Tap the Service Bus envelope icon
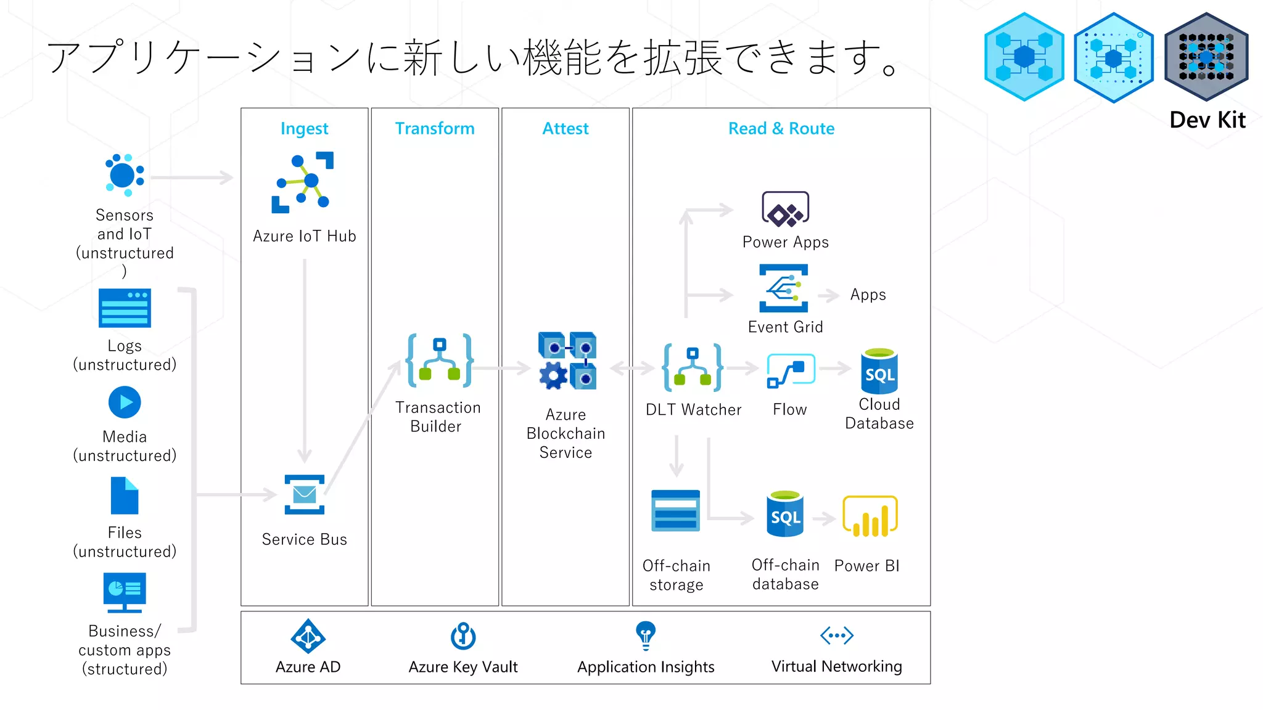305,494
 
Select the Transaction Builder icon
439,361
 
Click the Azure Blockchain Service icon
567,361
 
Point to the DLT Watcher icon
693,367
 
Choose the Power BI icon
870,516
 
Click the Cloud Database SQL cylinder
879,372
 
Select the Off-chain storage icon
676,511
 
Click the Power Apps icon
785,210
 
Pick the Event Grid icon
784,288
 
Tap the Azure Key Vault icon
463,635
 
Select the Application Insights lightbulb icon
645,635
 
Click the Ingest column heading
304,128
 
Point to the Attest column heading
565,128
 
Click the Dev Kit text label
1207,120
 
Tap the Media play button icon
125,402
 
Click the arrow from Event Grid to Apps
829,295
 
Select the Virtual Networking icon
836,635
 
